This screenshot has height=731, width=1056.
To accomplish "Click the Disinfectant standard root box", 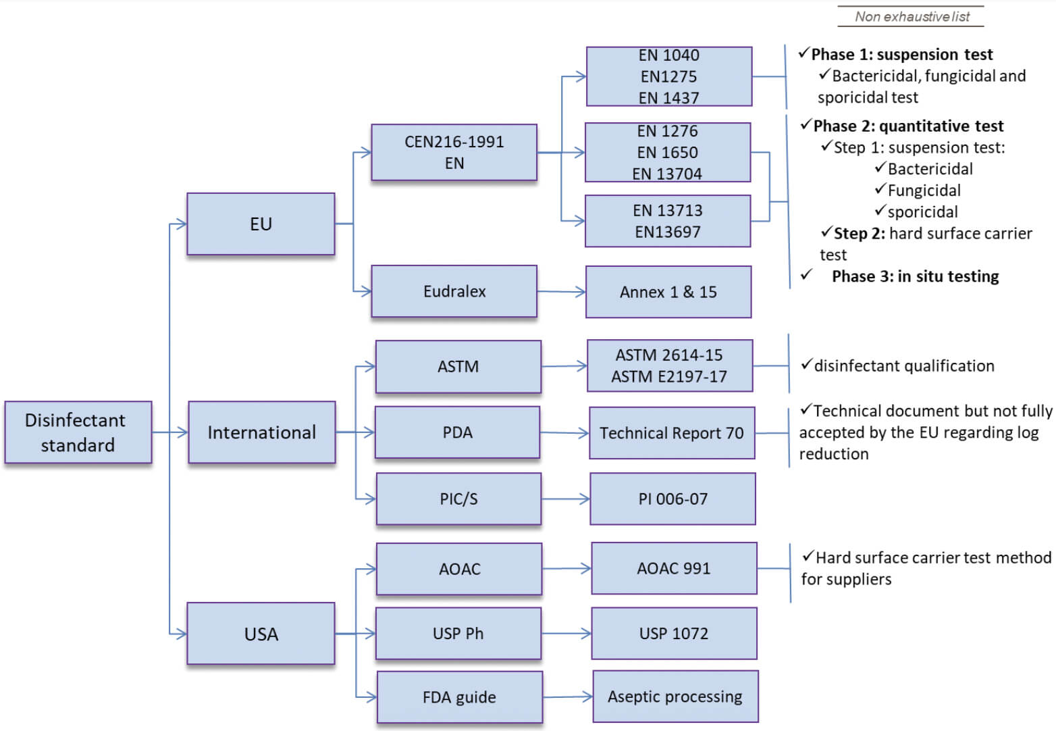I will coord(78,432).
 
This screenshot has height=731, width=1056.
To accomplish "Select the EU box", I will coord(261,224).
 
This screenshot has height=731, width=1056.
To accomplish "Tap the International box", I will coord(261,432).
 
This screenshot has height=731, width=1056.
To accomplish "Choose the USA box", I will coord(261,634).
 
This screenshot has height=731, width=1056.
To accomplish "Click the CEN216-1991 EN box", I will coord(454,153).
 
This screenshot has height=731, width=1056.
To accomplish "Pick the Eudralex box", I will coord(454,291).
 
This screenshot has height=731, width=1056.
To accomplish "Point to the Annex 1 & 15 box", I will coord(668,292).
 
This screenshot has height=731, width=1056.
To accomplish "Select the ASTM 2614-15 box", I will coord(669,365).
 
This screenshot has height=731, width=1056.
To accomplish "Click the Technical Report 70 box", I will coord(671,433).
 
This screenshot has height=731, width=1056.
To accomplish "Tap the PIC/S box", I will coord(458,499).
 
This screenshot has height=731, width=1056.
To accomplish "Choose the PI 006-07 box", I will coord(672,499).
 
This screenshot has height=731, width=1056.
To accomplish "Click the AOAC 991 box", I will coord(673,569).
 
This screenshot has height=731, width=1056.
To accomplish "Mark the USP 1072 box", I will coord(673,634).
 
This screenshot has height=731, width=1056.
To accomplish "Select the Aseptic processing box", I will coord(675,697).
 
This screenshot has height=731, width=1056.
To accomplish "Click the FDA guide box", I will coord(459,697).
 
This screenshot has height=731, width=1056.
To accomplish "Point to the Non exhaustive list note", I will coord(912,17).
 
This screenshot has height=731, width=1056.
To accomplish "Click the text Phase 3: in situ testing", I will coord(915,276).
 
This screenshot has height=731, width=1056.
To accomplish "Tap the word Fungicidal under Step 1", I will coord(924,191).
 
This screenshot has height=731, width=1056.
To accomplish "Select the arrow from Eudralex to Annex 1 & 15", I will coord(561,292).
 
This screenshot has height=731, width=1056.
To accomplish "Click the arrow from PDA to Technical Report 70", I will coord(564,433).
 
